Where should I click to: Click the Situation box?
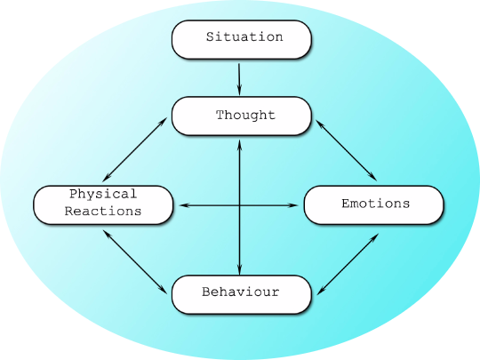point(242,39)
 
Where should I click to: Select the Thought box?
point(242,116)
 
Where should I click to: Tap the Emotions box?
point(373,204)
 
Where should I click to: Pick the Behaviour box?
point(242,294)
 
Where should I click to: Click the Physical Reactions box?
point(103,204)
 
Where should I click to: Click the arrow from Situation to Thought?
point(239,79)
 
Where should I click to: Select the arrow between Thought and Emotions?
point(347,150)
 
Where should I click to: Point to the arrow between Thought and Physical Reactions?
point(135,149)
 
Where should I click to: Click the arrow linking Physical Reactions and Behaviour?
point(135,262)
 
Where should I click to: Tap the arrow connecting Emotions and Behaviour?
point(348,264)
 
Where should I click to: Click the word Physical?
point(103,195)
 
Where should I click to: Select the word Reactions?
point(103,212)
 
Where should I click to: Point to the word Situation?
point(244,36)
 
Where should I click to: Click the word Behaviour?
point(241,292)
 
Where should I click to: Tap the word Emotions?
point(376,204)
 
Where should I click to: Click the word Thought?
point(246,115)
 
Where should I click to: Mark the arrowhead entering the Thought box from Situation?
point(239,91)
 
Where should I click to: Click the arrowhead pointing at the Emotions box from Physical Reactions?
point(293,205)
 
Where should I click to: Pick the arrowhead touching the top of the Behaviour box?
point(240,270)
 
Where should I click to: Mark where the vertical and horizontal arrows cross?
point(240,205)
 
